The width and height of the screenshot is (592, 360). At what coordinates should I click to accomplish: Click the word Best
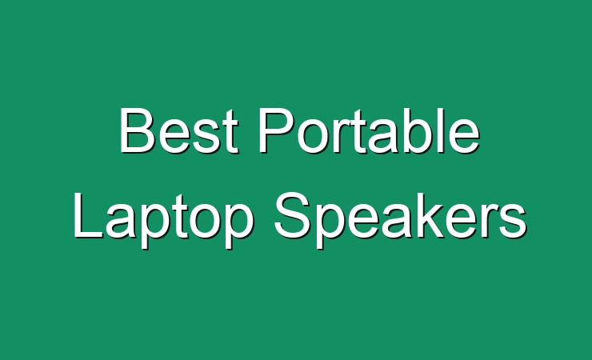click(x=179, y=130)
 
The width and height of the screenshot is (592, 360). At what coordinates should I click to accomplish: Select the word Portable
click(x=370, y=130)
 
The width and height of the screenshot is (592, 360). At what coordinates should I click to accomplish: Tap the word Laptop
click(x=163, y=220)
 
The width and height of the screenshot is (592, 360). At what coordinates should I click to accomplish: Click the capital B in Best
click(x=137, y=130)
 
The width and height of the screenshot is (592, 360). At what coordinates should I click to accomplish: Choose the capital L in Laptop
click(x=88, y=215)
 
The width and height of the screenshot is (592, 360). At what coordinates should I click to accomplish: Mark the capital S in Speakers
click(x=293, y=215)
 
